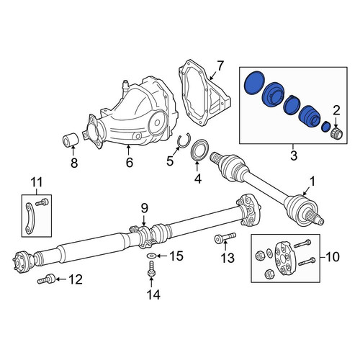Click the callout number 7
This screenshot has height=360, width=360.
[220, 66]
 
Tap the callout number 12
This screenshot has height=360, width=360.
[76, 279]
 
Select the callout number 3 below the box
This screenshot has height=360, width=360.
[294, 156]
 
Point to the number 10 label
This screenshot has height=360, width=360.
[332, 257]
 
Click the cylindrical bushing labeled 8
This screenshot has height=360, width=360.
[71, 139]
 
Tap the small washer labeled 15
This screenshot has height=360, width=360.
[151, 256]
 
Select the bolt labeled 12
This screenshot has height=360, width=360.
[46, 279]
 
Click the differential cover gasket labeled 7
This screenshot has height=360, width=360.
[204, 95]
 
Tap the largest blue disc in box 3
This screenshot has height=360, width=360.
[254, 83]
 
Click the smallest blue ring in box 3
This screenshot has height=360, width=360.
[325, 126]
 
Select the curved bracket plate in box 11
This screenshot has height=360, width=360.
[30, 218]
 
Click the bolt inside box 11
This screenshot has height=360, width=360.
[42, 202]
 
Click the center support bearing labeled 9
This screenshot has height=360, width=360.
[144, 235]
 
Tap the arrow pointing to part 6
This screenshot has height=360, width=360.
[128, 150]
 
